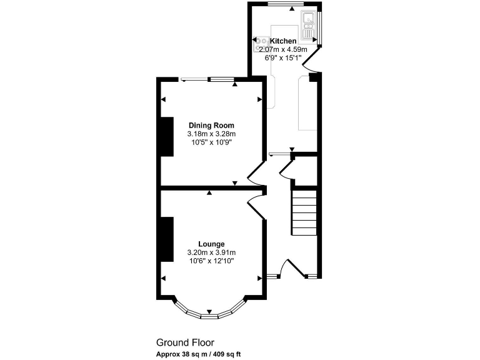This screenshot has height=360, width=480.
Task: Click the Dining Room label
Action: click(x=211, y=126)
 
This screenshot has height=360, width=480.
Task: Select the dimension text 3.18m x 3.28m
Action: click(x=211, y=134)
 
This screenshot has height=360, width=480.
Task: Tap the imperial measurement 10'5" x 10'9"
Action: click(x=211, y=142)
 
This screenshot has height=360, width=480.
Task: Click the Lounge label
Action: click(x=211, y=244)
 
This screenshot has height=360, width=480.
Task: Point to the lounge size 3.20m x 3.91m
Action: click(x=211, y=252)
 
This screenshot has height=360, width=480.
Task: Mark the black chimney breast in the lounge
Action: click(x=167, y=239)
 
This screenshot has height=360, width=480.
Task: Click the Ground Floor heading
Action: click(x=185, y=342)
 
